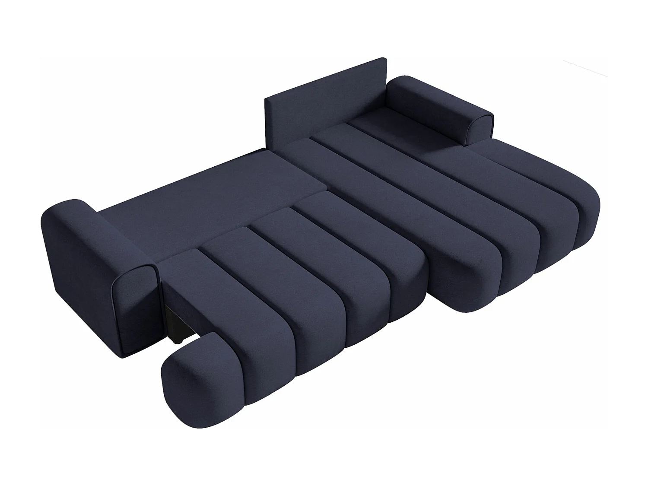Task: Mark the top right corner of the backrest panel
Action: coord(384,59)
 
